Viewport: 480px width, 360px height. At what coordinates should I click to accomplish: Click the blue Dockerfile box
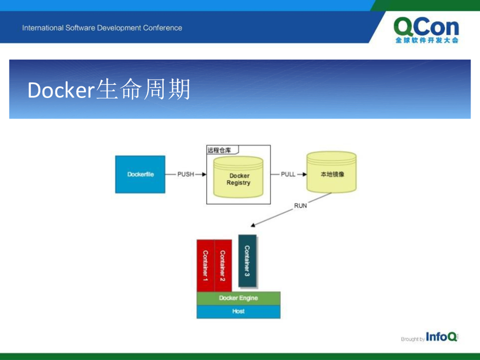click(x=140, y=174)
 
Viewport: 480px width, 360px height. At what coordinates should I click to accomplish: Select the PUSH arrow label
click(x=186, y=174)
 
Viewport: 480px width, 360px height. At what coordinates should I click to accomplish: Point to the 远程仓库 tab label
click(x=219, y=150)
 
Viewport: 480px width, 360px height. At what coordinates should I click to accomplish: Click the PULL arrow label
click(x=288, y=174)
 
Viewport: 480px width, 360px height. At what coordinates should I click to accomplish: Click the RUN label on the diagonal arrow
click(x=300, y=205)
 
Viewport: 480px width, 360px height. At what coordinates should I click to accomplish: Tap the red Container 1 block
click(x=205, y=265)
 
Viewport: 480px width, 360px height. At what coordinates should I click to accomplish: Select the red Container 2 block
click(x=223, y=265)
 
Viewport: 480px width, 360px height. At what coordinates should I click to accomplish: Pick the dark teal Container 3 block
click(x=247, y=261)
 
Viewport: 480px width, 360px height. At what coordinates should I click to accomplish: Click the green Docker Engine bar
click(x=238, y=298)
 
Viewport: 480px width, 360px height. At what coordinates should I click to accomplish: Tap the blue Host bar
click(x=238, y=311)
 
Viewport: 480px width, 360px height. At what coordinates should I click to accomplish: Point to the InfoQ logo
click(x=441, y=337)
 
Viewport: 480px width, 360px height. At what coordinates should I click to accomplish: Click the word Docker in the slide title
click(x=61, y=90)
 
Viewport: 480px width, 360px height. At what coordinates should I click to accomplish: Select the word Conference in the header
click(x=162, y=28)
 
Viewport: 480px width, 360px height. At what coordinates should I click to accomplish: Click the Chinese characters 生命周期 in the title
click(x=143, y=90)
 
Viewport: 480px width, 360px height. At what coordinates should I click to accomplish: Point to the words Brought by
click(x=412, y=339)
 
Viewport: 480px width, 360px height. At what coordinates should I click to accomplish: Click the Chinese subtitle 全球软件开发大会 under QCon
click(x=427, y=41)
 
